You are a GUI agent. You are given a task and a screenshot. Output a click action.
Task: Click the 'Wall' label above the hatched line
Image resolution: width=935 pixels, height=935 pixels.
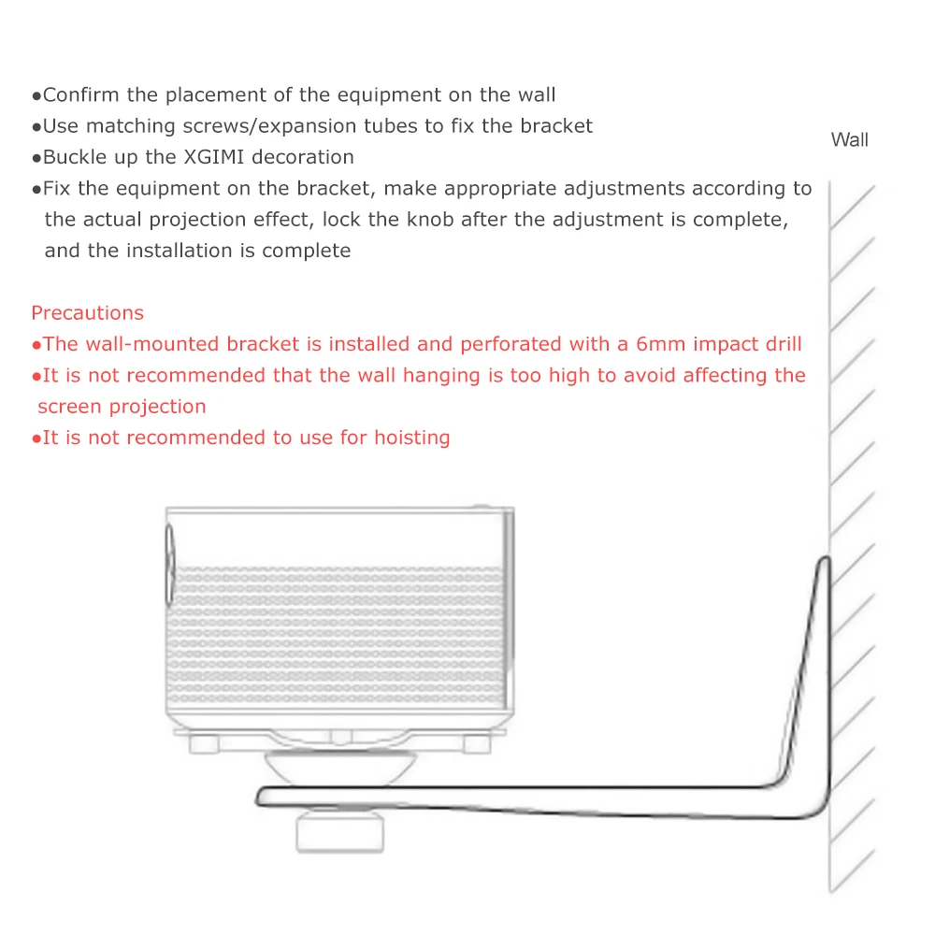849,140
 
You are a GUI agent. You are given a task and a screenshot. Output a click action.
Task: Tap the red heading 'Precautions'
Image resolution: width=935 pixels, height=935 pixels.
88,313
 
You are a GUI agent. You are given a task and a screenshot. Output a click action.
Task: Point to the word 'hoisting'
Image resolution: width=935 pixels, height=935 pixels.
412,438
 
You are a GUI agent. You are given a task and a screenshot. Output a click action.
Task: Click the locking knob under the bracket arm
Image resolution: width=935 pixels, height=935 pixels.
338,830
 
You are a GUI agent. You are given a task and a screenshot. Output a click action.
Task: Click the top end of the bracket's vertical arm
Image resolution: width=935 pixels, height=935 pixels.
824,563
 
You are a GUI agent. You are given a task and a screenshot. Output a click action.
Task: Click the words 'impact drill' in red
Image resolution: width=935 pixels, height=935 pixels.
749,344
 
